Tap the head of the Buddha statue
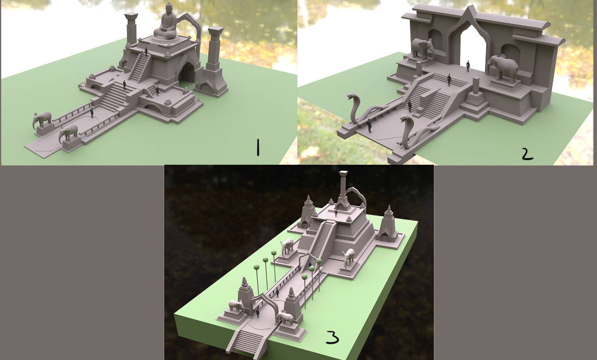tap(168, 8)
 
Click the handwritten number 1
tap(258, 147)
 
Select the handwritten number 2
tap(527, 154)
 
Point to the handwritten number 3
tap(332, 337)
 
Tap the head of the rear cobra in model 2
tap(352, 97)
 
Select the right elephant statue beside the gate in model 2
tap(503, 68)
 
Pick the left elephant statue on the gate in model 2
tap(422, 48)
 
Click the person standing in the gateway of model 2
tap(468, 66)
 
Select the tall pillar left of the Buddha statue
tap(131, 29)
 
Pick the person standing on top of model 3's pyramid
tap(336, 213)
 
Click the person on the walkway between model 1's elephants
tap(92, 113)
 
